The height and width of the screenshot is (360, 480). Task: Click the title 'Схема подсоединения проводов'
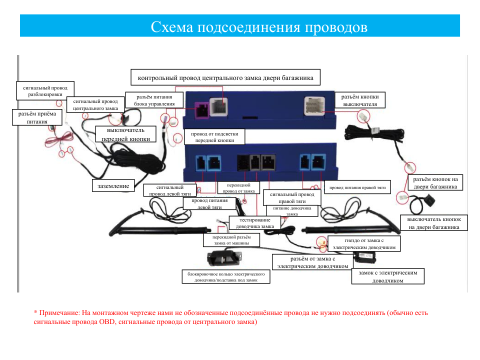coord(259,27)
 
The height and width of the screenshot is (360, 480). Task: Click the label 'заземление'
coord(113,186)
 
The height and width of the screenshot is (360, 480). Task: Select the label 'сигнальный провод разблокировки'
coord(45,91)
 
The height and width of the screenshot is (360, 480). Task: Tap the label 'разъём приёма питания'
coord(37,117)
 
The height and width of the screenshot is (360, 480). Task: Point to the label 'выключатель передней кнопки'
coord(126,134)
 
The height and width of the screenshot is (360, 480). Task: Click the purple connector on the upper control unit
coord(202,110)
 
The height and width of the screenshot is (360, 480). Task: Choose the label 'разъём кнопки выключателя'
coord(359,100)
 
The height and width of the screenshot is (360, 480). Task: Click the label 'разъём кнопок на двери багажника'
coord(435,183)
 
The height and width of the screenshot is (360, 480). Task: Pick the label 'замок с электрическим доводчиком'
coord(388,276)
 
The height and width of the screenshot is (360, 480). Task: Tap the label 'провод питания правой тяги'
coord(357,187)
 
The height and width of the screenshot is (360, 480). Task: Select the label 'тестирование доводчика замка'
coord(254,223)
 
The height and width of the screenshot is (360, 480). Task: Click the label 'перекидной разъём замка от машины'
coord(231,240)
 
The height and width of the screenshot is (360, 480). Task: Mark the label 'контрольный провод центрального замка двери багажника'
coord(225,77)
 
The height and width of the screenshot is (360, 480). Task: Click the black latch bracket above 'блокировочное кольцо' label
coord(224,258)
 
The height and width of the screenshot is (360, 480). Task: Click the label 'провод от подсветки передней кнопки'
coord(214,137)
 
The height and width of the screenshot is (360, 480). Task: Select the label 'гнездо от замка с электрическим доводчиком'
coord(364,243)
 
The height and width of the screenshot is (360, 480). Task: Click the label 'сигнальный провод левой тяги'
coord(170,190)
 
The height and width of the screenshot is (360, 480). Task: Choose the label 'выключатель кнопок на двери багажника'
coord(434,223)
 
